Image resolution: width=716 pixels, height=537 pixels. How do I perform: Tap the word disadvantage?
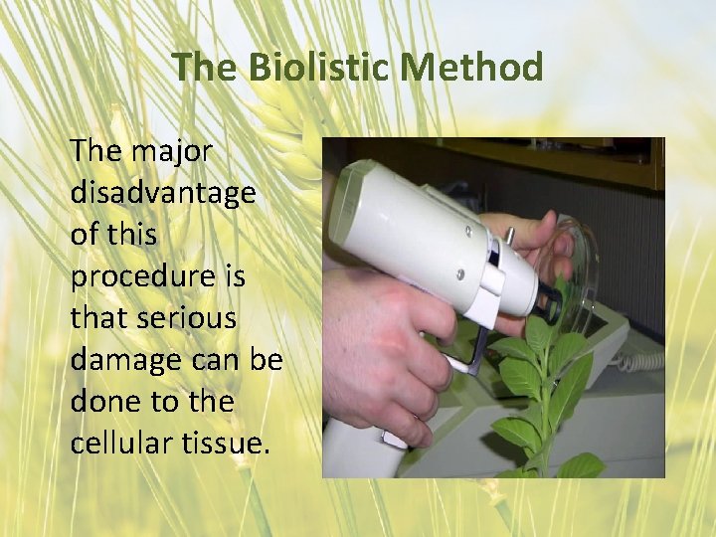[x=162, y=194]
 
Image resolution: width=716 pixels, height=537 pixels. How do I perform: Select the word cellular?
[x=116, y=443]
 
